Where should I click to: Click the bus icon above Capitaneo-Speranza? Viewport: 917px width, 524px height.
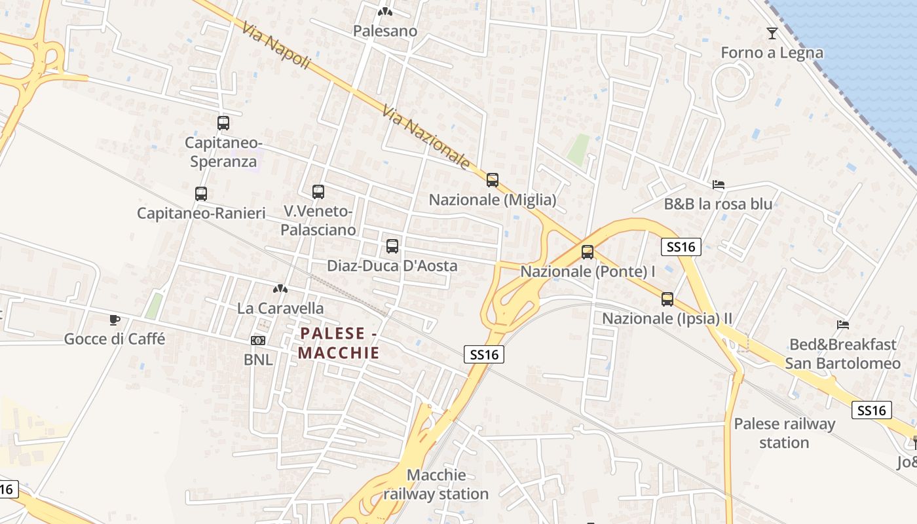223,122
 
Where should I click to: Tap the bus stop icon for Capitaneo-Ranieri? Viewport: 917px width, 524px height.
200,193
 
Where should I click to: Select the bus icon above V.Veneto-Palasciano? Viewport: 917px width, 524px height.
318,191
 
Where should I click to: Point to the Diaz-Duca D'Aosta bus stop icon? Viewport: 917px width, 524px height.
392,246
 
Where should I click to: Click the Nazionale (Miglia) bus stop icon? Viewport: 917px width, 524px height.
492,179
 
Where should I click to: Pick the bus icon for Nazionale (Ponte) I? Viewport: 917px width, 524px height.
587,252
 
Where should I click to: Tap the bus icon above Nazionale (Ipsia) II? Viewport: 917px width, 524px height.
667,299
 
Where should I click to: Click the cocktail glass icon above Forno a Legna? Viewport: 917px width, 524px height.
772,33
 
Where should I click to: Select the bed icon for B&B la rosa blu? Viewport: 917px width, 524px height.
718,185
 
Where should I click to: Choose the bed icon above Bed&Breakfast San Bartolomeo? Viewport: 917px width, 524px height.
842,324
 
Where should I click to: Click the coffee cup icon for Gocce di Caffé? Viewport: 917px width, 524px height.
114,320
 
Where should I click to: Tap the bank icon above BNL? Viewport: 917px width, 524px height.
258,341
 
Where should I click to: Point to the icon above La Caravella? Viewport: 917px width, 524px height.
280,289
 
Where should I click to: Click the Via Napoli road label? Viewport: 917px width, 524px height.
275,45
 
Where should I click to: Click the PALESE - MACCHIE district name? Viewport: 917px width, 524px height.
339,343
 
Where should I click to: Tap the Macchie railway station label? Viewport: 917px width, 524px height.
436,484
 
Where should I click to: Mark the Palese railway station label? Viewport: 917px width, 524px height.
784,433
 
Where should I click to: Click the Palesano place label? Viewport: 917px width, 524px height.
384,31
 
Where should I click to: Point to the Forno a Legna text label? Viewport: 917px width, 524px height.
772,52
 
